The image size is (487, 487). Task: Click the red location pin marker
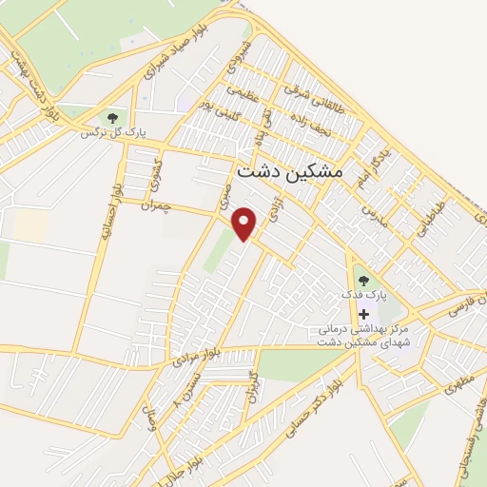click(245, 223)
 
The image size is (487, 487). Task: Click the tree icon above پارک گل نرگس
click(113, 118)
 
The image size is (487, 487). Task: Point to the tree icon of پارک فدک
click(362, 281)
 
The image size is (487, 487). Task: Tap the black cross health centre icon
click(363, 314)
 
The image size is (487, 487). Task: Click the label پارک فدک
click(365, 296)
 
